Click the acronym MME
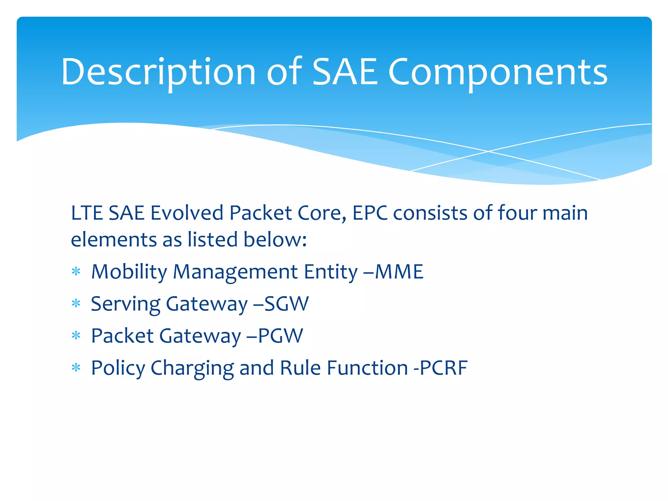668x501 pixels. click(x=399, y=272)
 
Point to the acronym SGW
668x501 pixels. click(x=286, y=304)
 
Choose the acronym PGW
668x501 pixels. click(x=281, y=336)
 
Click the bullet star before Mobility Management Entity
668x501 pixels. click(x=76, y=271)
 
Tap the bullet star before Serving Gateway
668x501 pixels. click(x=76, y=304)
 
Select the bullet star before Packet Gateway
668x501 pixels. click(x=76, y=335)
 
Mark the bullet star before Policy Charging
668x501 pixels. click(x=76, y=368)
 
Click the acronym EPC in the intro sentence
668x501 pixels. click(x=370, y=213)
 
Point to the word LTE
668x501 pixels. click(x=87, y=213)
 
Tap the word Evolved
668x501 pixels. click(x=187, y=213)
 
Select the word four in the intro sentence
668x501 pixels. click(x=517, y=213)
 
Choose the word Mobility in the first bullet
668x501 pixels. click(x=129, y=272)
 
